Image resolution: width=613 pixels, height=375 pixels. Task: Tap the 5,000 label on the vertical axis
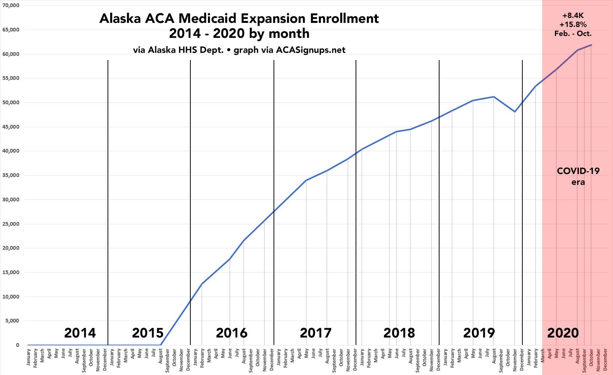13,321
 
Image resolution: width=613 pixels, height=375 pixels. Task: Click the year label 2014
80,333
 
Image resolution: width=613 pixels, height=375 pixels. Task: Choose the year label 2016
232,333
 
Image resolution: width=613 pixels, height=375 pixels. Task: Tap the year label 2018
399,333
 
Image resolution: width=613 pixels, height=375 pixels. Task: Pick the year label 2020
563,333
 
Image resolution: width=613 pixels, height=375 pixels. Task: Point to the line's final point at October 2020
591,45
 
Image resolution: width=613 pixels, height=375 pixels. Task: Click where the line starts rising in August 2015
160,345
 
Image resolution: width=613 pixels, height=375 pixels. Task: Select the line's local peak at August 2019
494,97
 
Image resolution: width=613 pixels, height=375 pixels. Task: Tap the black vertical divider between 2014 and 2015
108,202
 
